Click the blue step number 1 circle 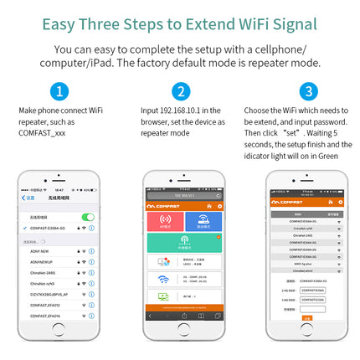click(x=58, y=91)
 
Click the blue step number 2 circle click(x=180, y=91)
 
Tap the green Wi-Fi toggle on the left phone click(x=88, y=218)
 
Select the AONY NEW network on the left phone click(x=41, y=250)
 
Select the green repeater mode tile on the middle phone click(x=183, y=244)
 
